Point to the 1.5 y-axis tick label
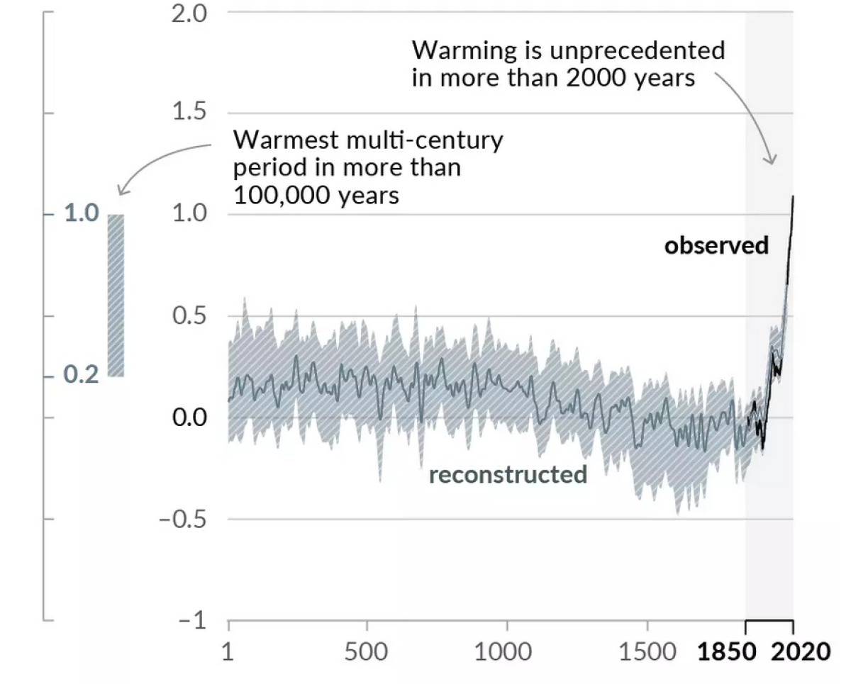(x=189, y=113)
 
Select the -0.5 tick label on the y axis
(x=184, y=519)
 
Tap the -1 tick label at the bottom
(x=191, y=621)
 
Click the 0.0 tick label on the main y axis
(x=189, y=417)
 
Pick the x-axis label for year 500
(x=367, y=651)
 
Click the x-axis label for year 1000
(x=507, y=651)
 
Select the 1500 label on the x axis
(x=647, y=651)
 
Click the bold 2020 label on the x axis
(x=800, y=651)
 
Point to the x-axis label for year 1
(x=228, y=651)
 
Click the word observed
(x=716, y=245)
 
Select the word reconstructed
(x=508, y=474)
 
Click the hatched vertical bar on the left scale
(x=116, y=295)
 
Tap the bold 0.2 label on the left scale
(x=82, y=374)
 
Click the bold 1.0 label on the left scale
(x=82, y=214)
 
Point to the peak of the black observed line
(x=792, y=196)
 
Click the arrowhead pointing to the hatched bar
(x=121, y=191)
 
